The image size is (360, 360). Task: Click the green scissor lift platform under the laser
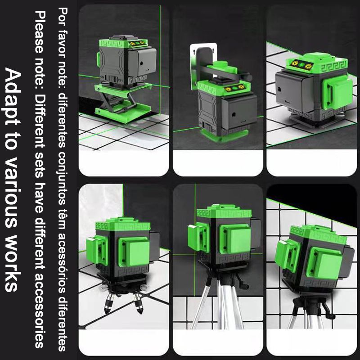123,103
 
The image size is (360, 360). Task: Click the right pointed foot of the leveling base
139,302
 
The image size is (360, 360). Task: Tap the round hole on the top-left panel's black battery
141,63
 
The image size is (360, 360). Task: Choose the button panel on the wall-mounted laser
234,88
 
